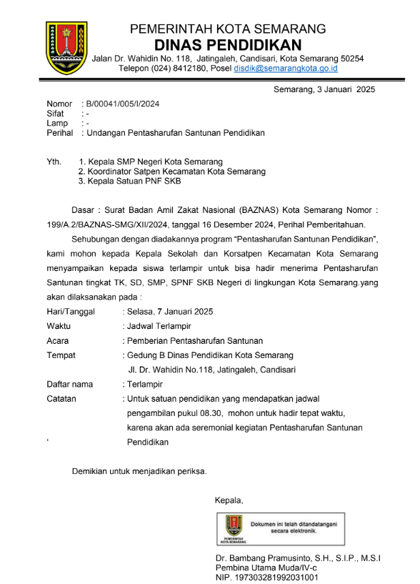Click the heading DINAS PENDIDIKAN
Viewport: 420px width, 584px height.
pos(228,44)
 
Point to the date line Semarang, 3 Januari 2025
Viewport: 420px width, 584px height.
pos(324,89)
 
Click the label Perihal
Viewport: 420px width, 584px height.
pos(60,133)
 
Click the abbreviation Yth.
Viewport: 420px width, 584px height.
pos(54,162)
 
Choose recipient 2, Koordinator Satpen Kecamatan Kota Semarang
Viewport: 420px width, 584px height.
pos(171,172)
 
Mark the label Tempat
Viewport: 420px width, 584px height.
pos(61,355)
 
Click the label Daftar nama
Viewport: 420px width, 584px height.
pos(70,384)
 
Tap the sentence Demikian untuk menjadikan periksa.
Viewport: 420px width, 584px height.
pos(139,471)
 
